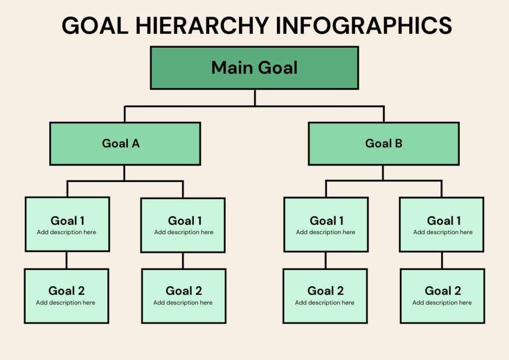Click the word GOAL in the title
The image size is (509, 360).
[x=95, y=25]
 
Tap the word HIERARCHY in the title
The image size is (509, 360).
[x=202, y=25]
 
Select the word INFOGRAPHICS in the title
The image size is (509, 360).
[x=363, y=25]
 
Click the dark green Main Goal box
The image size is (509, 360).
[x=254, y=68]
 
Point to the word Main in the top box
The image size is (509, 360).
[x=232, y=68]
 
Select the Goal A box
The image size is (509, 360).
[x=125, y=144]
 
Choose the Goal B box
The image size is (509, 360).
[x=384, y=144]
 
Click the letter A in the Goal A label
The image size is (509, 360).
[x=136, y=143]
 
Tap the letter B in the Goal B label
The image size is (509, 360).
[x=398, y=143]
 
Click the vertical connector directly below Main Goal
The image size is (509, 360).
[x=255, y=97]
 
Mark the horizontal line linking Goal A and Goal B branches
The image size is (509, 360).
[x=254, y=106]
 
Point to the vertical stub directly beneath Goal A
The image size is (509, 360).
[x=124, y=173]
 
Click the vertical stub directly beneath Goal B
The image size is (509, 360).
[x=383, y=173]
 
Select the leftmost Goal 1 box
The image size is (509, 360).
[x=67, y=224]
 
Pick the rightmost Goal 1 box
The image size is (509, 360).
[x=441, y=224]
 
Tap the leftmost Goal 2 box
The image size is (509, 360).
[x=67, y=296]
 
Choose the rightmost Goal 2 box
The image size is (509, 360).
[x=442, y=296]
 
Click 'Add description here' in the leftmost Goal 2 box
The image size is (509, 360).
[x=66, y=302]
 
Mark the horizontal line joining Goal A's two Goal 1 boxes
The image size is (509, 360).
[x=125, y=181]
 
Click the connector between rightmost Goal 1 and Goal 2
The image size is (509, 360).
[x=442, y=261]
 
